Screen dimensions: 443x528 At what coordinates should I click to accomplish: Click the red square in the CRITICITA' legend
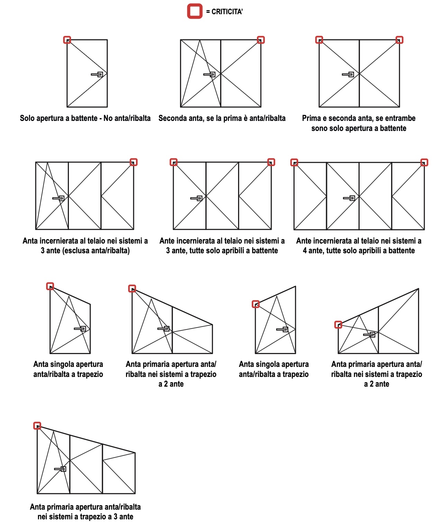pos(195,11)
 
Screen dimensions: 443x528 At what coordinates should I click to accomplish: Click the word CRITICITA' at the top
pos(227,12)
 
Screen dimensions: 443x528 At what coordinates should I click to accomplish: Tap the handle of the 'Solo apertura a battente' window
pos(97,74)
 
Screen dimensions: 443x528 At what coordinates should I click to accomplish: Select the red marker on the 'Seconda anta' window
pos(260,40)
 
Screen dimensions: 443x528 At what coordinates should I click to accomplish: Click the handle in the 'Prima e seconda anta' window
pos(348,74)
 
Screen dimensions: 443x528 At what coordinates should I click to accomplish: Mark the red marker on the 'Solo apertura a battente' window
pos(67,40)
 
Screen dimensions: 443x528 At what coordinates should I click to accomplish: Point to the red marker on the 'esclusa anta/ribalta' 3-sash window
pos(133,162)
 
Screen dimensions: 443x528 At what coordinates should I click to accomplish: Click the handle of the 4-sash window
pos(349,198)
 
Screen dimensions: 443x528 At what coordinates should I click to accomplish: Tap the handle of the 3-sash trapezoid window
pos(60,469)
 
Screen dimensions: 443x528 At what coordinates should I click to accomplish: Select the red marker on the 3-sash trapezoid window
pos(37,425)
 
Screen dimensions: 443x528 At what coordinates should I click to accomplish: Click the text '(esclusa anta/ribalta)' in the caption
pos(96,250)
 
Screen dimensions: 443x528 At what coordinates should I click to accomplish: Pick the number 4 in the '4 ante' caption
pos(305,250)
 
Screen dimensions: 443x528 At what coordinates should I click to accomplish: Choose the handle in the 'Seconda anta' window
pos(209,74)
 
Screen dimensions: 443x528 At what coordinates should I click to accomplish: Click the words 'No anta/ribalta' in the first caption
pos(127,118)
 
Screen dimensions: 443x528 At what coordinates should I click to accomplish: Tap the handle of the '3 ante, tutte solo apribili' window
pos(196,198)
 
